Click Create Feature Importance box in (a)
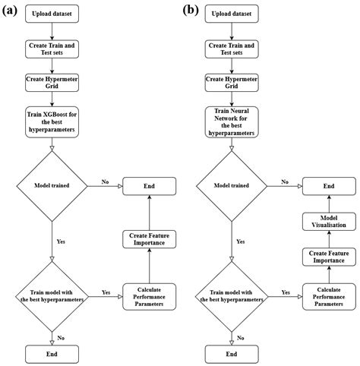150,240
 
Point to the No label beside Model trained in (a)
104,181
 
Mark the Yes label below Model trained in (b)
240,241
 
